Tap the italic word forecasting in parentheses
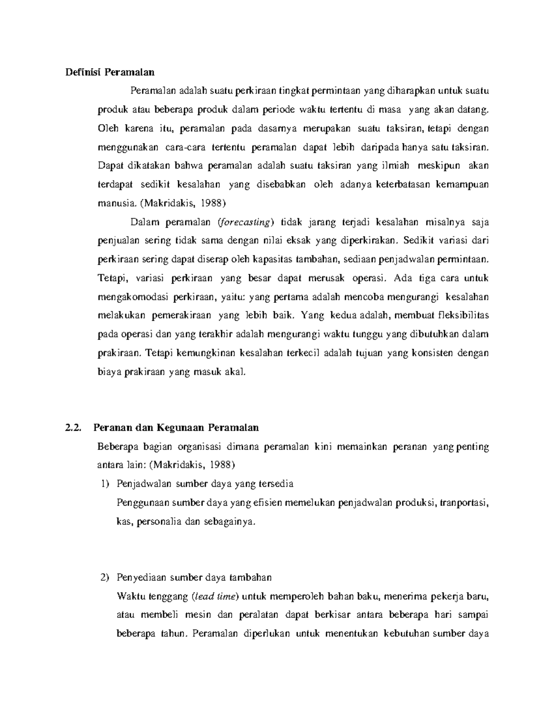coord(245,222)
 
